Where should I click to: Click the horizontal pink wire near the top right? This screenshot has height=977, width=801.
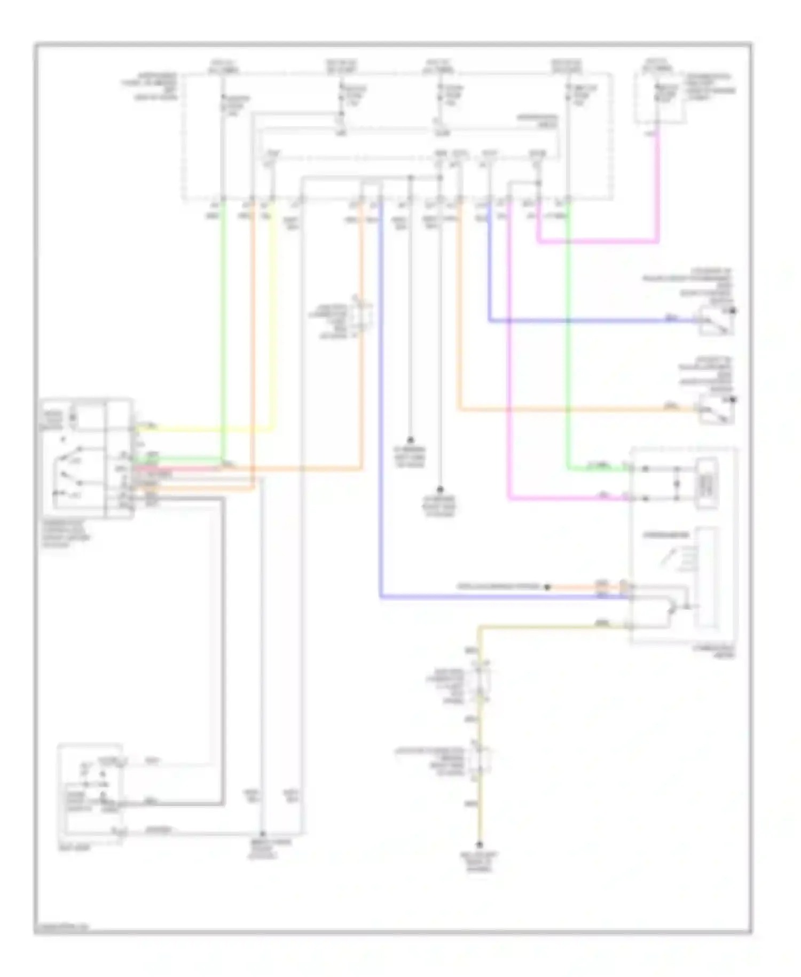click(598, 242)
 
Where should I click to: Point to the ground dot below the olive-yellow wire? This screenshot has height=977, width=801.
click(480, 845)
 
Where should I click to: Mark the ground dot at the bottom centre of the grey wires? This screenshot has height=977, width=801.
click(262, 833)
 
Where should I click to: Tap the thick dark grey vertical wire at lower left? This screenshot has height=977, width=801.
click(222, 641)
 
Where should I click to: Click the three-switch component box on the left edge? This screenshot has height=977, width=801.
click(87, 458)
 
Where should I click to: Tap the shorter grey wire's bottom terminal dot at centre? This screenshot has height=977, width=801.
click(410, 440)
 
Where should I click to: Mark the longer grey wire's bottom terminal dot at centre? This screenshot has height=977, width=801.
click(440, 489)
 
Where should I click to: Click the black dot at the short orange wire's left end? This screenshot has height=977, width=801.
click(547, 587)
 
